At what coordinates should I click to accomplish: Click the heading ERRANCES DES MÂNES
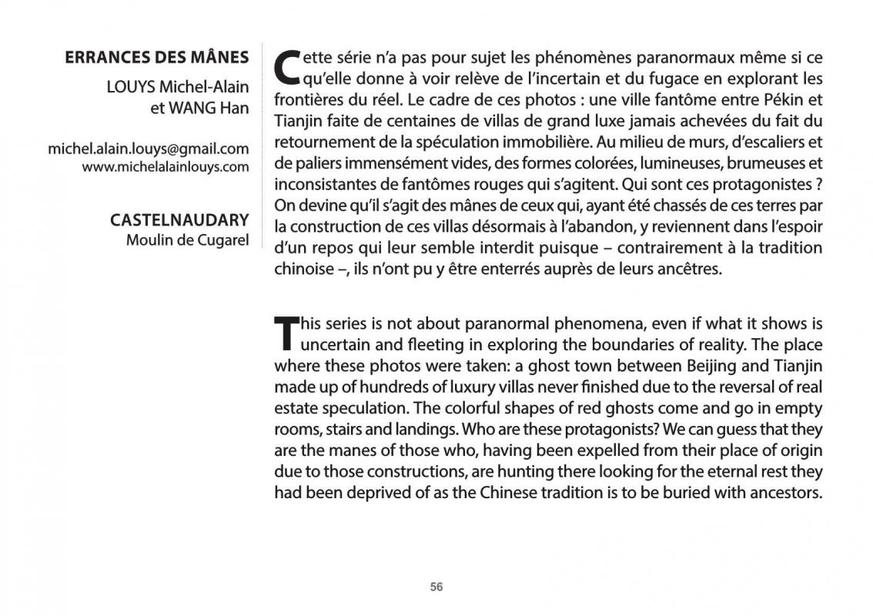coord(157,58)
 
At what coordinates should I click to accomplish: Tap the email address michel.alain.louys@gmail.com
coord(149,149)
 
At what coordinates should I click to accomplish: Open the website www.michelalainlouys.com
coord(166,167)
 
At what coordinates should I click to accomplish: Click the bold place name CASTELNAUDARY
coord(179,220)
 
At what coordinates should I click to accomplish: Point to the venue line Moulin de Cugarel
coord(187,240)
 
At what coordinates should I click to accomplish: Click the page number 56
coord(436,587)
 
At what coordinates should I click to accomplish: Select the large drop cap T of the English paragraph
coord(285,332)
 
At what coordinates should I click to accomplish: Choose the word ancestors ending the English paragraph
coord(787,491)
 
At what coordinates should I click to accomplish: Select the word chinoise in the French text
coord(303,269)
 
